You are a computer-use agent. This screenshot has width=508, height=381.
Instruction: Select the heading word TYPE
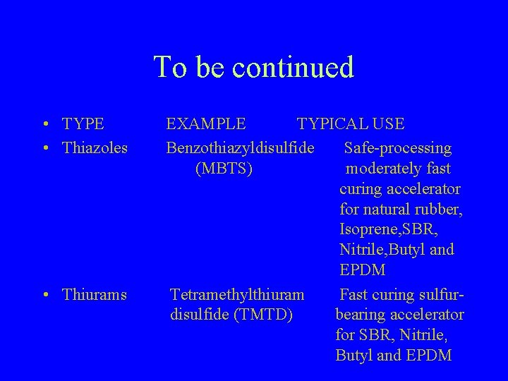point(83,124)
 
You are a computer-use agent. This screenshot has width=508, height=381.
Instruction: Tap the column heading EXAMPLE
point(206,124)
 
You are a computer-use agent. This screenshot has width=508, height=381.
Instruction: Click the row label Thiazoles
point(95,148)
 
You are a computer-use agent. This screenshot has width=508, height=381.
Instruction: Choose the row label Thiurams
point(95,294)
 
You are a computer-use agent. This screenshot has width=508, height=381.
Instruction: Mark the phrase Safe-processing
point(397,148)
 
